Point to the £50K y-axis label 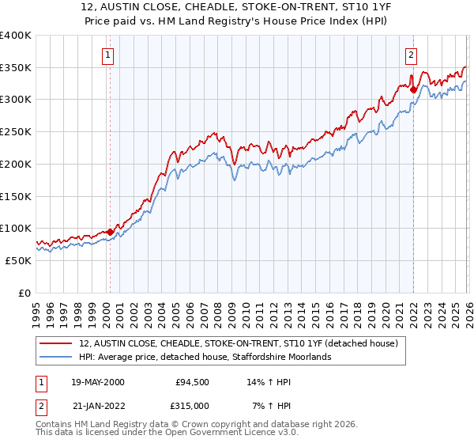18,260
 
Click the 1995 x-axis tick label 36,309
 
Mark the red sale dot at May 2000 110,232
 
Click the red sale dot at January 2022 412,89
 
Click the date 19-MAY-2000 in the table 97,382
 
